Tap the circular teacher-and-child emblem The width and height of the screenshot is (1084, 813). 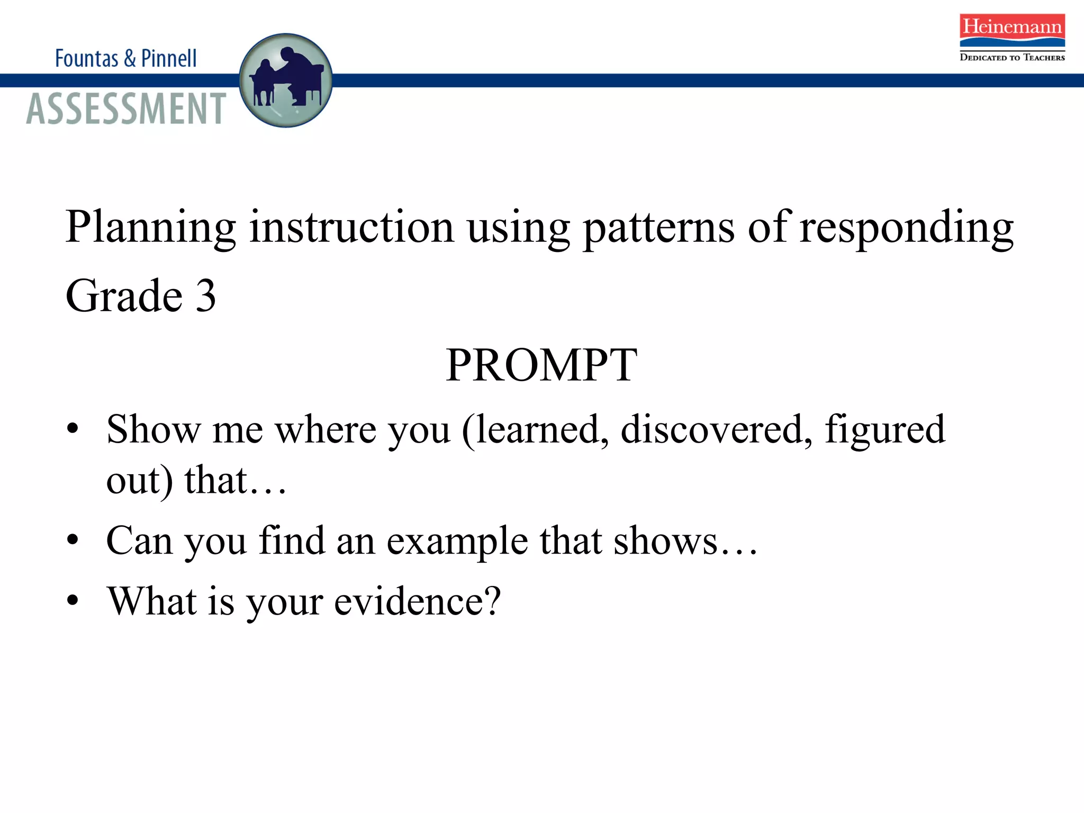286,80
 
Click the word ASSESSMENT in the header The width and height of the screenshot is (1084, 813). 126,109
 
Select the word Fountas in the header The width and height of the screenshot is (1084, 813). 87,58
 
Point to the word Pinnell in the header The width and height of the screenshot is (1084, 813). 169,58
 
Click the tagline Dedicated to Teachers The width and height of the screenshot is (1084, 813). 1012,57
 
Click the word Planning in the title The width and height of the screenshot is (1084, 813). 151,228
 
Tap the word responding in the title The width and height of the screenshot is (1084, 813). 906,228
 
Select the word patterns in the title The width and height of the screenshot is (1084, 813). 658,228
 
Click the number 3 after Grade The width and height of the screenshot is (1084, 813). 206,296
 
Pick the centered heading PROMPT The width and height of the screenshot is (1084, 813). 541,365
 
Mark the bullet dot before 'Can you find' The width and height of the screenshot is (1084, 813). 73,540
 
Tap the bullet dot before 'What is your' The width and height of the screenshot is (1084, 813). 73,601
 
